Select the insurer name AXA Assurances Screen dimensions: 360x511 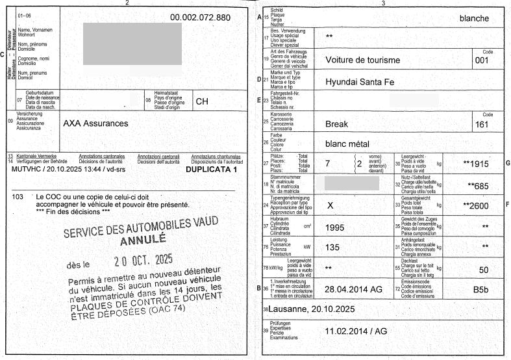pyautogui.click(x=95, y=123)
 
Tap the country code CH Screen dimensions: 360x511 pyautogui.click(x=202, y=101)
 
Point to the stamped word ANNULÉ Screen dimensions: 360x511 pyautogui.click(x=143, y=239)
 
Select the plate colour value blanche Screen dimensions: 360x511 pyautogui.click(x=474, y=18)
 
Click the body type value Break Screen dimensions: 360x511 pyautogui.click(x=337, y=123)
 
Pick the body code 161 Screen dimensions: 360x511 pyautogui.click(x=481, y=124)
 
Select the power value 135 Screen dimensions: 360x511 pyautogui.click(x=332, y=248)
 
